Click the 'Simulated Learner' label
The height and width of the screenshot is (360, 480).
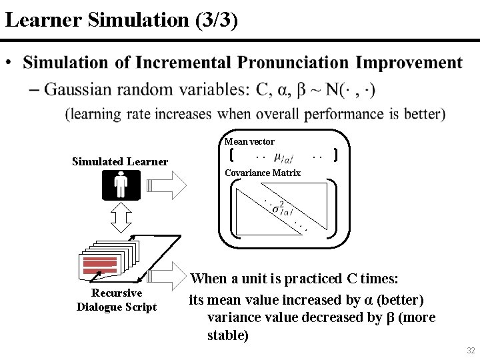(120, 161)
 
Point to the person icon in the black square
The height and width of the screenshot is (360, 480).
(121, 185)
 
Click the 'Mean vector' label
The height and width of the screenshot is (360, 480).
(249, 141)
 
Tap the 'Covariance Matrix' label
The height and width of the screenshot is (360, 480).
(263, 173)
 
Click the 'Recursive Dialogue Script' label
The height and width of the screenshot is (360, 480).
(117, 300)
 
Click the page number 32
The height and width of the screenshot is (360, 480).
(471, 351)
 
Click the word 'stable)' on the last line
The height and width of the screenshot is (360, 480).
(228, 335)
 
